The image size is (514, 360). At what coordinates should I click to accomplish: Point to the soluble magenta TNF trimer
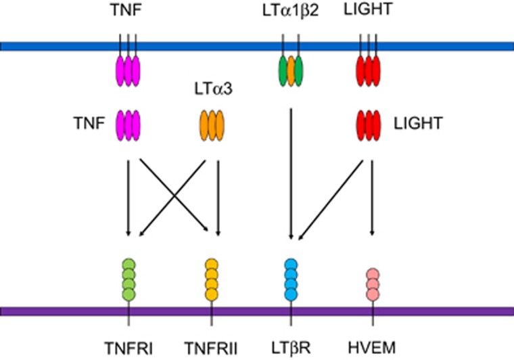click(128, 125)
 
